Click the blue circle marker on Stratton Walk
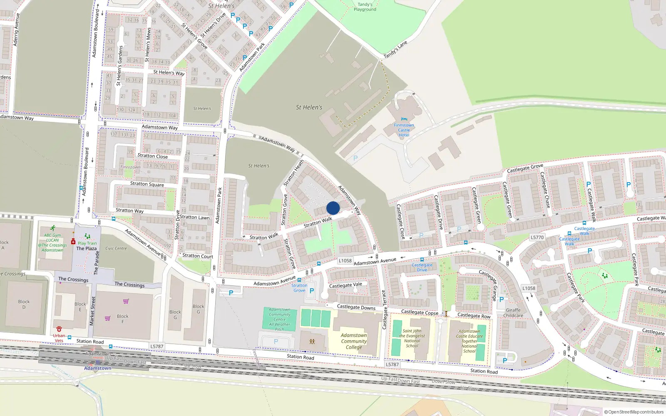pyautogui.click(x=333, y=208)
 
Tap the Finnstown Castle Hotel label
pyautogui.click(x=404, y=130)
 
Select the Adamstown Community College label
pyautogui.click(x=354, y=341)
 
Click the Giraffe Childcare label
pyautogui.click(x=513, y=313)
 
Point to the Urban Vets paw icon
pyautogui.click(x=59, y=329)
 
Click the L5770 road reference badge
pyautogui.click(x=537, y=237)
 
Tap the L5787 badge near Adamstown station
pyautogui.click(x=157, y=346)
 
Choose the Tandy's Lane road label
pyautogui.click(x=395, y=50)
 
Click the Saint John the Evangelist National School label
pyautogui.click(x=412, y=338)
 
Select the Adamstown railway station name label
pyautogui.click(x=97, y=368)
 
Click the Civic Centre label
pyautogui.click(x=116, y=248)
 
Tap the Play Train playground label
pyautogui.click(x=87, y=243)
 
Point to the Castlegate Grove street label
pyautogui.click(x=525, y=168)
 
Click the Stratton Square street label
pyautogui.click(x=147, y=184)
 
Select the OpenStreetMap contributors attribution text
pyautogui.click(x=634, y=412)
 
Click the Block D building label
pyautogui.click(x=24, y=304)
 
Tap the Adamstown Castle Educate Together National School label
pyautogui.click(x=469, y=341)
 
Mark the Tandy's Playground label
pyautogui.click(x=365, y=7)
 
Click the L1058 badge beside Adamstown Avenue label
pyautogui.click(x=345, y=261)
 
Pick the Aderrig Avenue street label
pyautogui.click(x=16, y=29)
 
